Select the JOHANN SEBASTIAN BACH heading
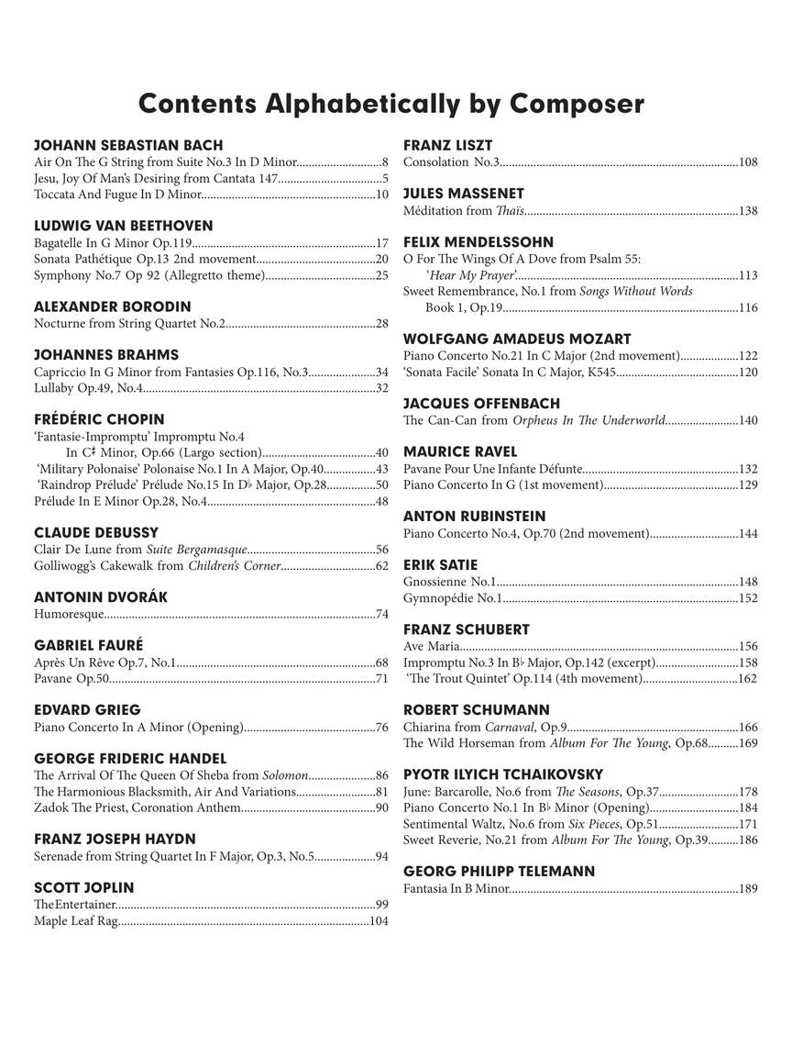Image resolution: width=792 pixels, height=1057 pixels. [128, 145]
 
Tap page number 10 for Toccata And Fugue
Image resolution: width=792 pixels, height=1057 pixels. [382, 194]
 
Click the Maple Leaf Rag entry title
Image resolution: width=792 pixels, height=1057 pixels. [76, 920]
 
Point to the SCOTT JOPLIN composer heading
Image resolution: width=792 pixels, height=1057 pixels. [84, 887]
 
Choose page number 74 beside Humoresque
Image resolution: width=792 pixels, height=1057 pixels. [382, 614]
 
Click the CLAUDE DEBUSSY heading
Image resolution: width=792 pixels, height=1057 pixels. [96, 532]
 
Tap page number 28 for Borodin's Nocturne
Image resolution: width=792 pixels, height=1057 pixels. [382, 323]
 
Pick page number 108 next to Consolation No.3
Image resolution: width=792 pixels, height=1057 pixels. [748, 161]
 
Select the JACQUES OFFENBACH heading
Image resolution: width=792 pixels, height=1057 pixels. [481, 403]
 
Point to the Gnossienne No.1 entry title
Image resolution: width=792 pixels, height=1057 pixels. [449, 582]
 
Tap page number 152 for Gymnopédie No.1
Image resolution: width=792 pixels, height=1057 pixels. [748, 597]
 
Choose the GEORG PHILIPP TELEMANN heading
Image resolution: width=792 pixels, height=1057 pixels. [499, 871]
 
